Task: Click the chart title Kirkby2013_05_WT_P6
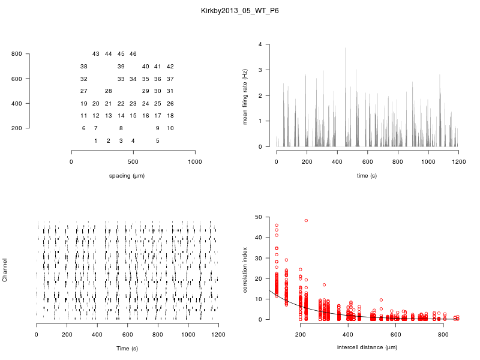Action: (x=240, y=11)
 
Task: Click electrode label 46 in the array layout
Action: (x=133, y=54)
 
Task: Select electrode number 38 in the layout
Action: (x=84, y=67)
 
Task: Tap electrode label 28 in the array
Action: (x=109, y=91)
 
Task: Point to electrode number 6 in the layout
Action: (x=84, y=128)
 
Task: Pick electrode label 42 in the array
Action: (x=170, y=67)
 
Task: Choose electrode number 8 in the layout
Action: (x=121, y=128)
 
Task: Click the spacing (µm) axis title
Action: (x=127, y=176)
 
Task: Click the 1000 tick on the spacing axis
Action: (x=195, y=162)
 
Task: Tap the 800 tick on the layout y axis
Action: (x=16, y=54)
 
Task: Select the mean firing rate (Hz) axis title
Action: (x=245, y=96)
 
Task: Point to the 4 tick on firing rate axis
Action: (x=260, y=44)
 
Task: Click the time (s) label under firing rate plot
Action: (x=366, y=176)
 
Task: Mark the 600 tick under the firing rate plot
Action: (x=367, y=162)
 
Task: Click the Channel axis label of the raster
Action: (x=5, y=271)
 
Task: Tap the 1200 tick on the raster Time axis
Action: (x=218, y=335)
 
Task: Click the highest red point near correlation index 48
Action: (x=306, y=221)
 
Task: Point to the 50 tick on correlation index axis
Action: (x=258, y=217)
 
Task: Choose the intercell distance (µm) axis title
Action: (x=367, y=347)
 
